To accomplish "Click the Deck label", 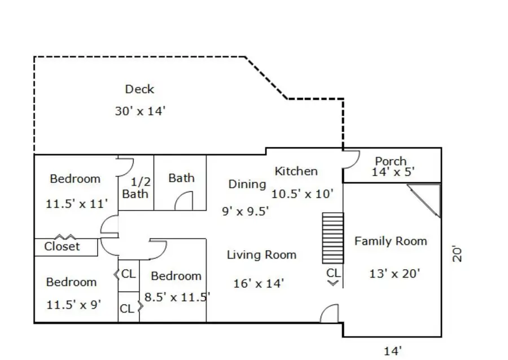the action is coord(139,89).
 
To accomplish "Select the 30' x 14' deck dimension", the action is coord(141,111).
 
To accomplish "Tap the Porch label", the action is coord(391,161).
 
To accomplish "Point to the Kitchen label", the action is coord(296,172).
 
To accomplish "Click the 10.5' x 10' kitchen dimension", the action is coord(303,194).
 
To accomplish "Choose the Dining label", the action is coord(247,184).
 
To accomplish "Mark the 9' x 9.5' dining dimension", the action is coord(246,212).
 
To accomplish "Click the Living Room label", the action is coord(261,255).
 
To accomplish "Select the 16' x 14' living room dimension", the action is coord(259,284).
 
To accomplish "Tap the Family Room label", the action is coord(391,241).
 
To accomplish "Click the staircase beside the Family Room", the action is coord(332,238).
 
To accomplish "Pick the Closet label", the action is coord(62,247).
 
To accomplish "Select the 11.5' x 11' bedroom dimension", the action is coord(76,204).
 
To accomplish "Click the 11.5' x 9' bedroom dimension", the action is coord(74,305).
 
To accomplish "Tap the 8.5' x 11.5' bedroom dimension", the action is coord(177,297).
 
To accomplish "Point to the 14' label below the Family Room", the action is coord(393,351).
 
